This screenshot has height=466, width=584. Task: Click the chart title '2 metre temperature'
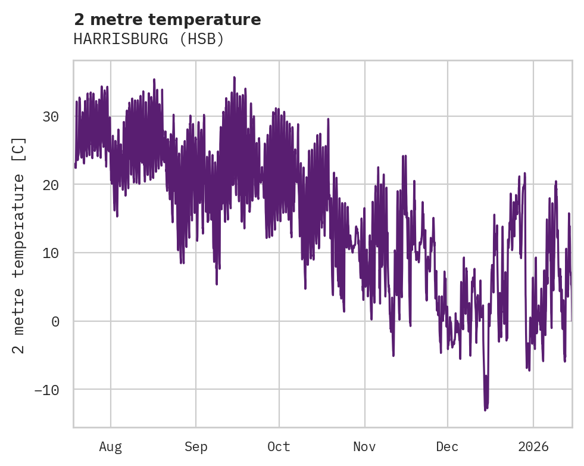coord(167,20)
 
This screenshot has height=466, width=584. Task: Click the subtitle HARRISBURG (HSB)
coord(148,39)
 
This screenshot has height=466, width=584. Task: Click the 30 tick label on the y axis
coord(50,116)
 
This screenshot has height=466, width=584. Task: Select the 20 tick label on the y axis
coord(50,185)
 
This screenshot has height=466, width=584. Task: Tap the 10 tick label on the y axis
coord(50,253)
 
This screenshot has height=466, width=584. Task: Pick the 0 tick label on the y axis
coord(55,321)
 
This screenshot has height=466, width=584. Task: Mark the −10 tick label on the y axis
coord(46,390)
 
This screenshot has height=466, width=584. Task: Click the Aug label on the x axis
coord(110,447)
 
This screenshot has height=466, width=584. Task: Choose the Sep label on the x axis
coord(195,447)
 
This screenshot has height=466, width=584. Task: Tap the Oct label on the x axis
coord(279,447)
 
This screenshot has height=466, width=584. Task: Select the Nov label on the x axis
coord(364,447)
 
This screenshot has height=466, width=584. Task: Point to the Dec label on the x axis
coord(447,447)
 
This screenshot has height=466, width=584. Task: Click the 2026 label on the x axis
coord(533,447)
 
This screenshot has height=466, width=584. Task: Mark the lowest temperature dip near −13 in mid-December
coord(485,409)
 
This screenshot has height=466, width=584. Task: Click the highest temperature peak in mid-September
coord(235,77)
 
